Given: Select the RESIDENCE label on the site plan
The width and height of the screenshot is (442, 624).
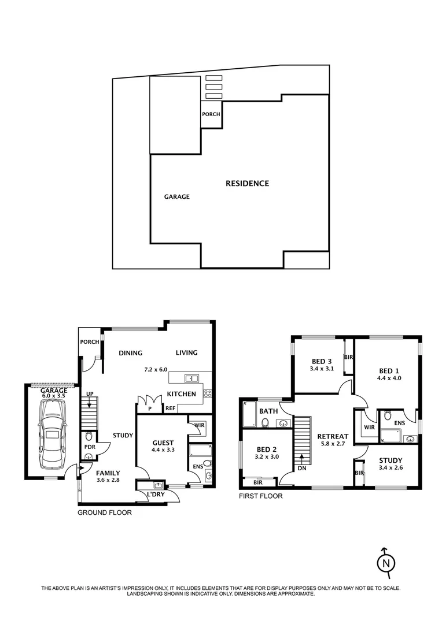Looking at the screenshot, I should pyautogui.click(x=247, y=184).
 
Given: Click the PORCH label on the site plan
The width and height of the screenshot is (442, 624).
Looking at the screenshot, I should pyautogui.click(x=211, y=114).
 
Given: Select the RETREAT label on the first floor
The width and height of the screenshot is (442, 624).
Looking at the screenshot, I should pyautogui.click(x=333, y=436).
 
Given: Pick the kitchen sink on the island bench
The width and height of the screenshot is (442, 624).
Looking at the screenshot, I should pyautogui.click(x=191, y=378).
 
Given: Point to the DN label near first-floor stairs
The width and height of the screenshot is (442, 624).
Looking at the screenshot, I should pyautogui.click(x=302, y=469).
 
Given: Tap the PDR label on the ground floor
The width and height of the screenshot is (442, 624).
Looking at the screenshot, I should pyautogui.click(x=89, y=447).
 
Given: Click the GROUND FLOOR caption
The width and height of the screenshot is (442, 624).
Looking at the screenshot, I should pyautogui.click(x=105, y=512).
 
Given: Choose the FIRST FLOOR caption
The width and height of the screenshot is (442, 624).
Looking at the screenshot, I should pyautogui.click(x=261, y=496).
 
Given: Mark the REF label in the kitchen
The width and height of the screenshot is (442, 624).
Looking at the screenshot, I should pyautogui.click(x=171, y=408).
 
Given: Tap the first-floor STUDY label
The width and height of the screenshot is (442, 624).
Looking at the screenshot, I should pyautogui.click(x=390, y=460).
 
